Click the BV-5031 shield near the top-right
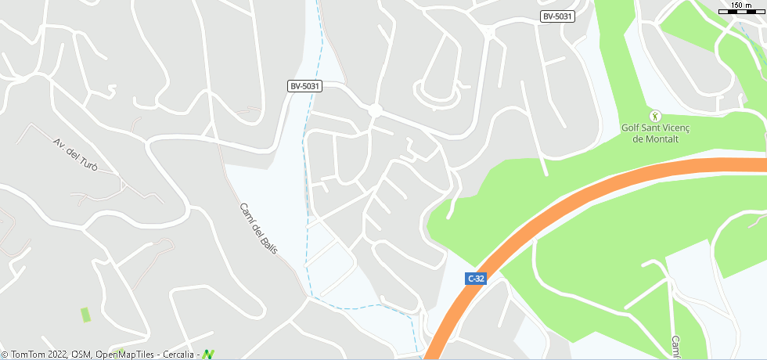(x=558, y=16)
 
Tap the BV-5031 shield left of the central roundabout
(x=304, y=86)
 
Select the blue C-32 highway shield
(x=475, y=278)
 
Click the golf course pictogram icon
(x=656, y=116)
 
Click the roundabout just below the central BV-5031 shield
(x=375, y=111)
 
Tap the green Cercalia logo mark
(x=208, y=355)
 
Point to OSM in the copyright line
(x=81, y=355)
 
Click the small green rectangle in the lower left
(x=85, y=315)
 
